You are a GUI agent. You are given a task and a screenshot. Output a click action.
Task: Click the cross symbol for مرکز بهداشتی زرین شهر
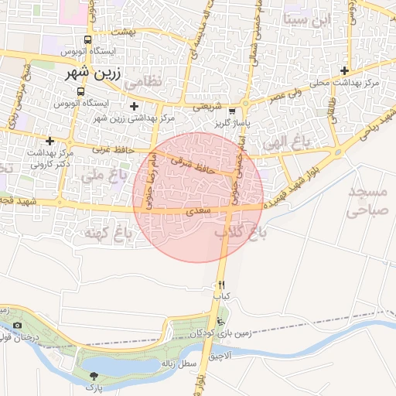(x=135, y=106)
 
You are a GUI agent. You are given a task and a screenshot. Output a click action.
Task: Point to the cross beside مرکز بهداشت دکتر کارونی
(x=50, y=141)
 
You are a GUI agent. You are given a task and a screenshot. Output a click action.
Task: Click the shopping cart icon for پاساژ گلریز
(x=232, y=111)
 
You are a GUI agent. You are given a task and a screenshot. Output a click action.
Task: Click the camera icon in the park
(x=18, y=326)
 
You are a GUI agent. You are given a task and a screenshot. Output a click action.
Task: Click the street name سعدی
(x=194, y=210)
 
